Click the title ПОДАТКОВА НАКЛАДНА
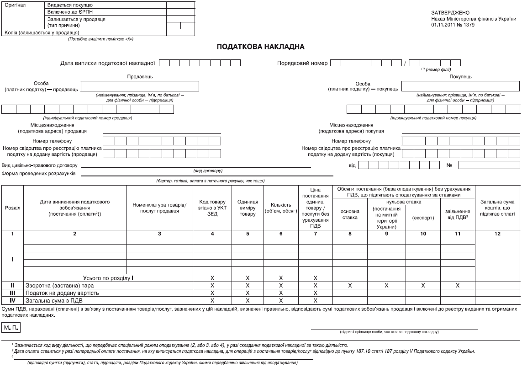point(260,47)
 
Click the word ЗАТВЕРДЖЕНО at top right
point(444,12)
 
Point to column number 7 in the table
point(315,234)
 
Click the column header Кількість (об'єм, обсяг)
point(281,208)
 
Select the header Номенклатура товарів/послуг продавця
point(159,208)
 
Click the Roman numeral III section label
point(12,293)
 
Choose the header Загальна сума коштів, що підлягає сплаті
point(497,208)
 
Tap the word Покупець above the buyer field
point(460,77)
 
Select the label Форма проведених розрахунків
point(39,174)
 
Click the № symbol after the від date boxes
point(449,165)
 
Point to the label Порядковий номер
point(302,63)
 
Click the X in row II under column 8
point(350,285)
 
